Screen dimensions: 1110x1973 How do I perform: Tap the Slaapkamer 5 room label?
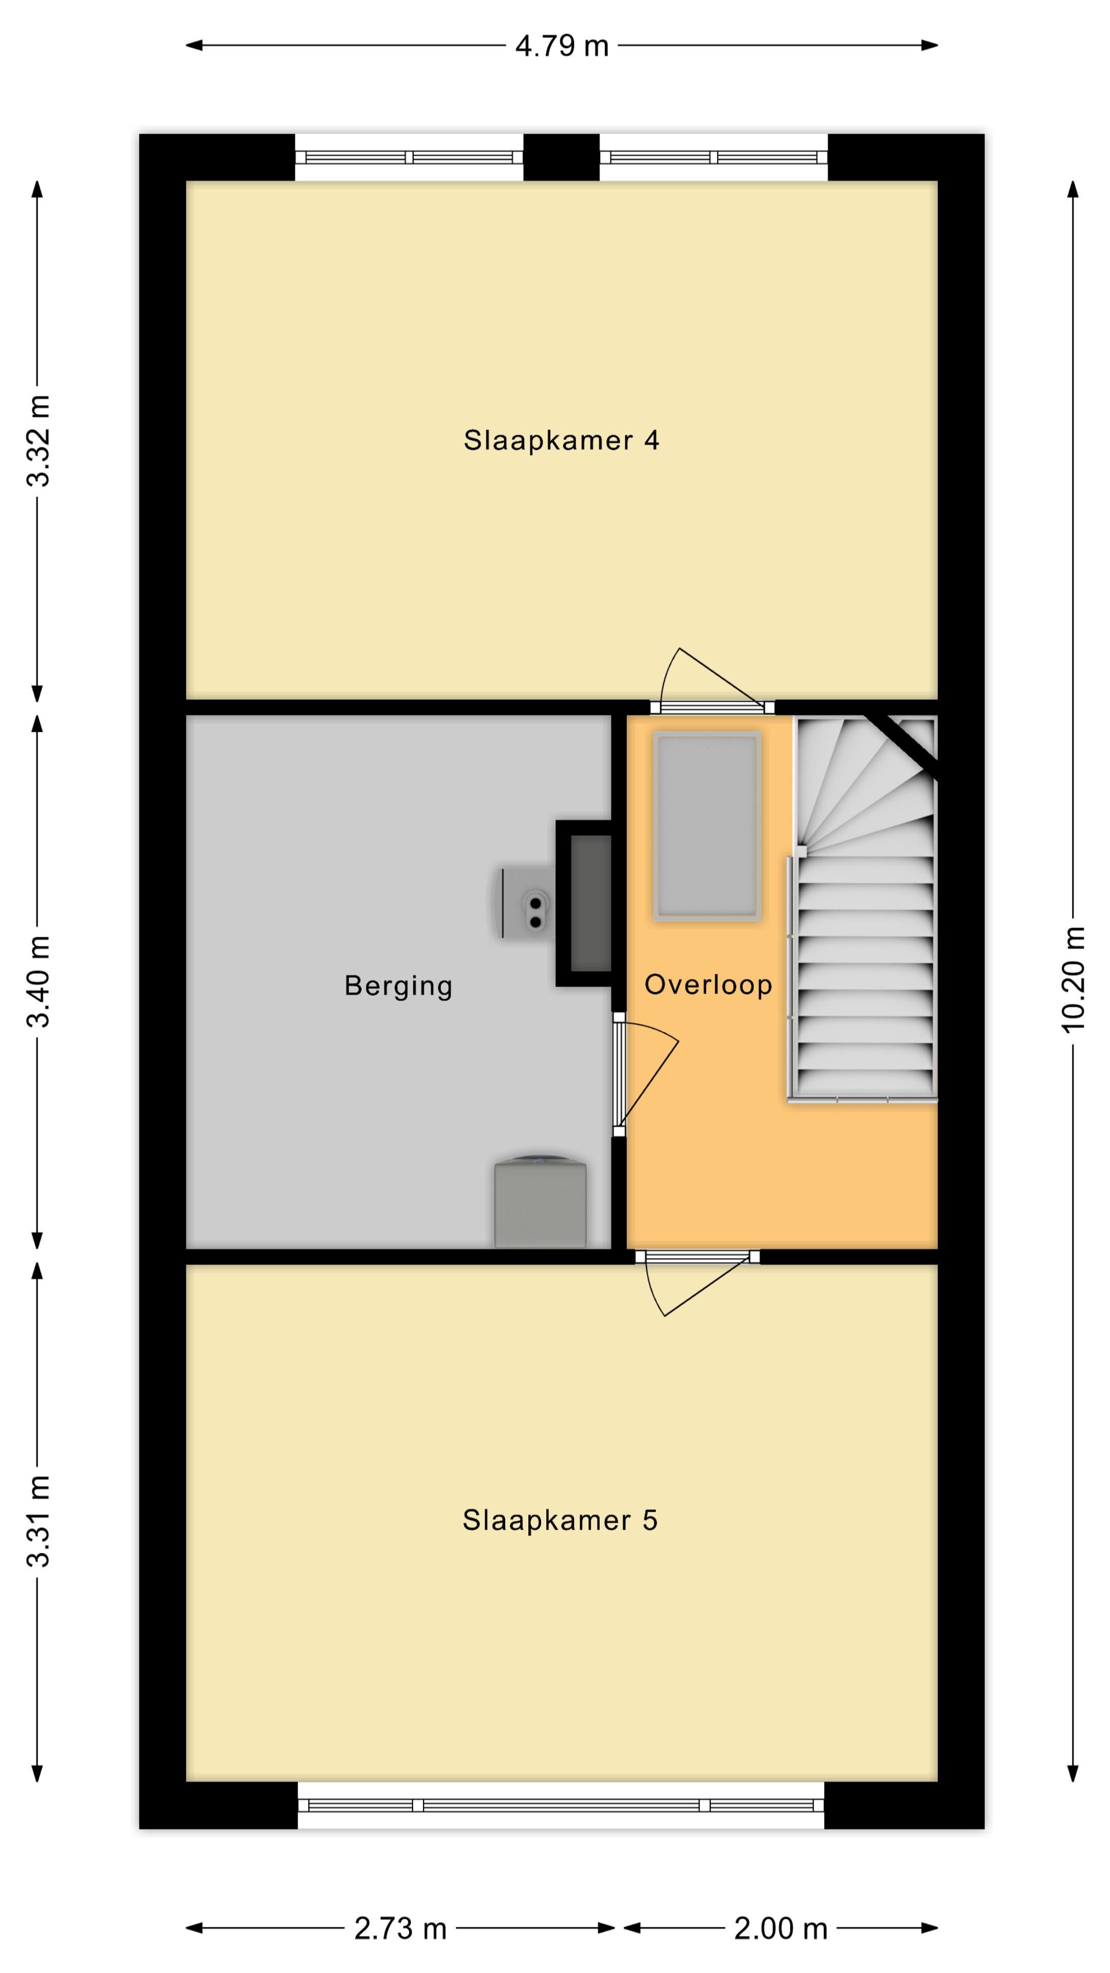pyautogui.click(x=560, y=1520)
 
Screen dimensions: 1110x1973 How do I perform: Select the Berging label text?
pyautogui.click(x=398, y=986)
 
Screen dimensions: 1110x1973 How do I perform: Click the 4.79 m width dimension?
pyautogui.click(x=562, y=46)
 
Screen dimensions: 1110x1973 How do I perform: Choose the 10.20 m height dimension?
pyautogui.click(x=1073, y=979)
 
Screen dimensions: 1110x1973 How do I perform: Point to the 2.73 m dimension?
pyautogui.click(x=400, y=1928)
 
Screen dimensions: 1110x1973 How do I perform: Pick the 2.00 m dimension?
pyautogui.click(x=781, y=1928)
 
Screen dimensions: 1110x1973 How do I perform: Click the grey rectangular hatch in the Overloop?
pyautogui.click(x=706, y=825)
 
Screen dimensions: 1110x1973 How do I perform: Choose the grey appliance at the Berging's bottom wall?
pyautogui.click(x=540, y=1200)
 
